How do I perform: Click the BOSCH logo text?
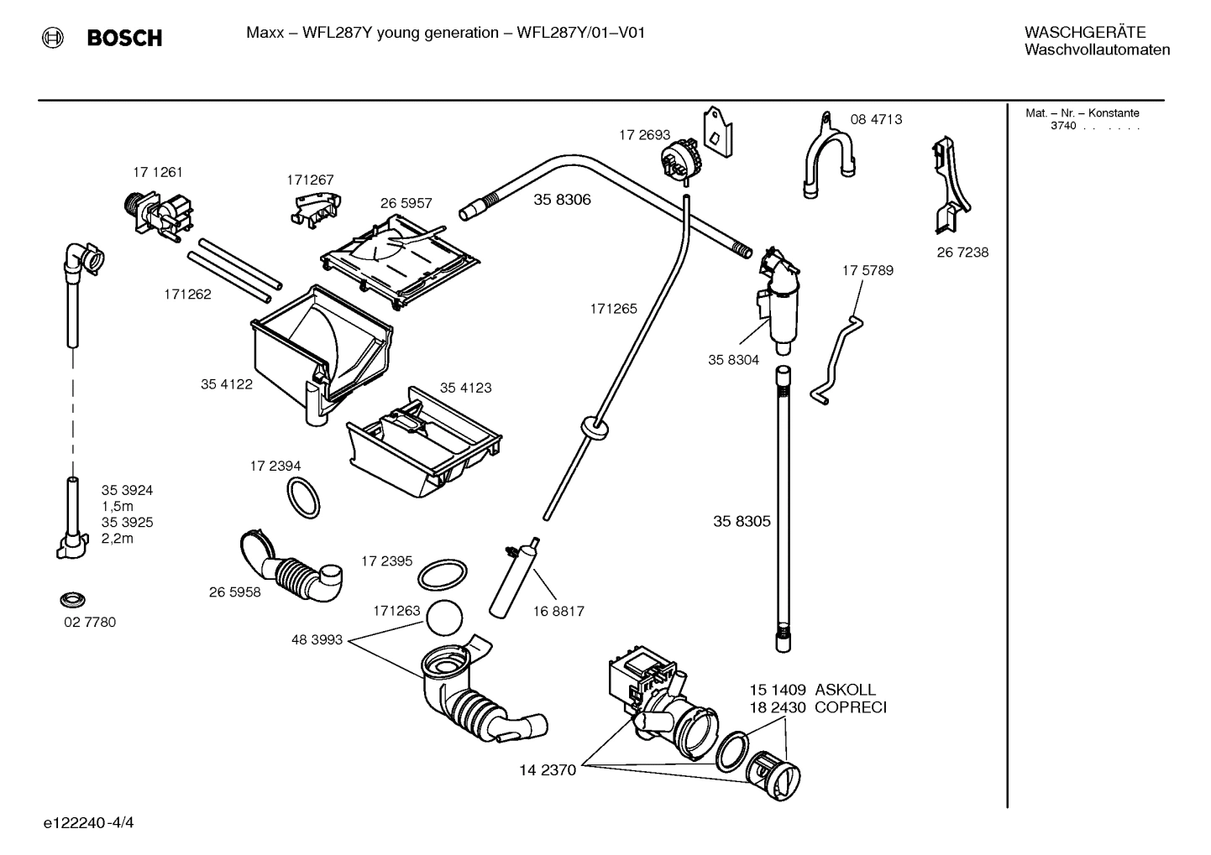point(123,38)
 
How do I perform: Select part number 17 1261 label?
point(157,172)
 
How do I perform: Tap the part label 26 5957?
point(406,203)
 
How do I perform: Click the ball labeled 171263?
point(445,619)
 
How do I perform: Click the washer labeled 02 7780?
point(74,600)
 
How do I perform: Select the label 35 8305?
point(742,521)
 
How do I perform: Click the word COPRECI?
point(850,707)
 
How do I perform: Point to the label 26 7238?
point(962,253)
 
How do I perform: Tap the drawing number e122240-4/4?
point(88,822)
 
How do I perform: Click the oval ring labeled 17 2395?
point(442,576)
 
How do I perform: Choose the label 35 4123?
point(466,388)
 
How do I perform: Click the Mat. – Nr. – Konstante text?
point(1083,113)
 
